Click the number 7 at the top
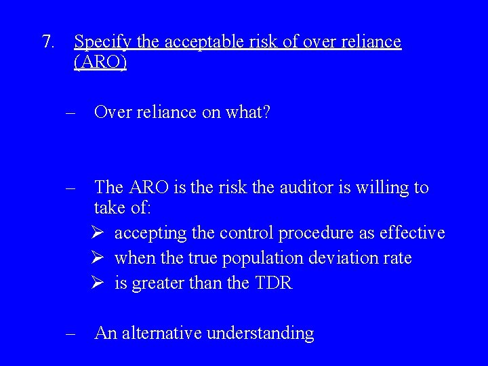tap(46, 42)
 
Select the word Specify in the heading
tap(103, 43)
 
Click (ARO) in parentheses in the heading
tap(100, 63)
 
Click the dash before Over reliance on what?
tap(70, 113)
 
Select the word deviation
tap(345, 258)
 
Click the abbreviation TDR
tap(273, 283)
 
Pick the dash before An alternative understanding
tap(70, 333)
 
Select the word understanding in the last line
tap(260, 334)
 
